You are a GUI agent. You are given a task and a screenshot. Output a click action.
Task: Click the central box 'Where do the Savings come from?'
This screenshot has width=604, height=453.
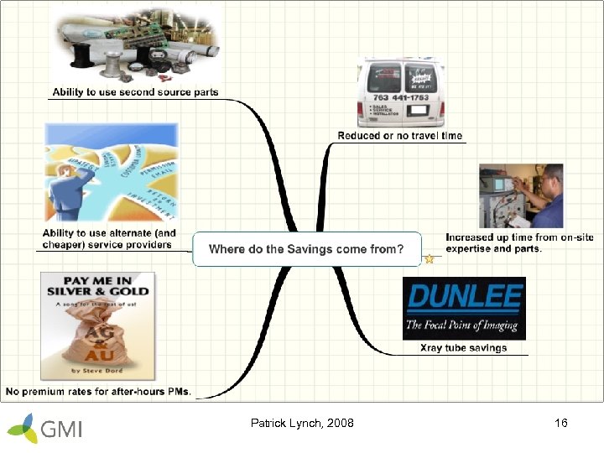tap(306, 249)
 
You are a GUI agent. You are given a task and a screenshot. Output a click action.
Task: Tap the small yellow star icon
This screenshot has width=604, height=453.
tap(430, 259)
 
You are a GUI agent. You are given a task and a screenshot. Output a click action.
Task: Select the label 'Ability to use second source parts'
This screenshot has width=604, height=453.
tap(135, 92)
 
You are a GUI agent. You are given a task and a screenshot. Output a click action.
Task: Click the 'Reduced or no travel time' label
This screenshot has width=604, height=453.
tap(399, 136)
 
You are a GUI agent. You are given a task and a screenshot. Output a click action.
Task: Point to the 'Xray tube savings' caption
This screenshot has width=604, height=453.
tap(463, 348)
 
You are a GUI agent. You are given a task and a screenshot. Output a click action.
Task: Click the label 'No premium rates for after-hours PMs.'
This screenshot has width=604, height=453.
tap(99, 391)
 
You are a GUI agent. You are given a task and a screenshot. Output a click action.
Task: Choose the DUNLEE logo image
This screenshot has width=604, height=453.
tap(464, 308)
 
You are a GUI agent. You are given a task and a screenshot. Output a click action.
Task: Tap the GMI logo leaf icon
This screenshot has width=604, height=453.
tap(23, 428)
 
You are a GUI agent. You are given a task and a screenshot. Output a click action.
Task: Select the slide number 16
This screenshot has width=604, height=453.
tap(561, 423)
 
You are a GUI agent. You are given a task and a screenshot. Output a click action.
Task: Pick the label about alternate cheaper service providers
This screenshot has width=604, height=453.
tap(109, 239)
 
